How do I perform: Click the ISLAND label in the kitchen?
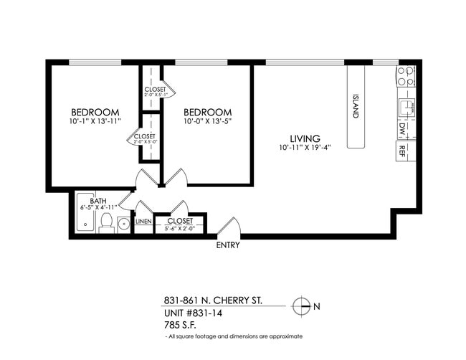point(356,106)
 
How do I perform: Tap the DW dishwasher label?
point(402,129)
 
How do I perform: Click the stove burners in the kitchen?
point(405,77)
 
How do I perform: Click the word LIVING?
point(305,138)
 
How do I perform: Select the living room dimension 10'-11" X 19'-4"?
point(305,148)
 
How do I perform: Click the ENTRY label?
point(228,245)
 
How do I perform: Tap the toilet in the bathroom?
point(106,224)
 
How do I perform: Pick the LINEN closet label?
point(143,222)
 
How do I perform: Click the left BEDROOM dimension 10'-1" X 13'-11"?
point(94,122)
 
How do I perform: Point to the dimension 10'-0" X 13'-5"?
point(208,122)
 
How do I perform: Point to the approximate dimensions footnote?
point(234,336)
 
